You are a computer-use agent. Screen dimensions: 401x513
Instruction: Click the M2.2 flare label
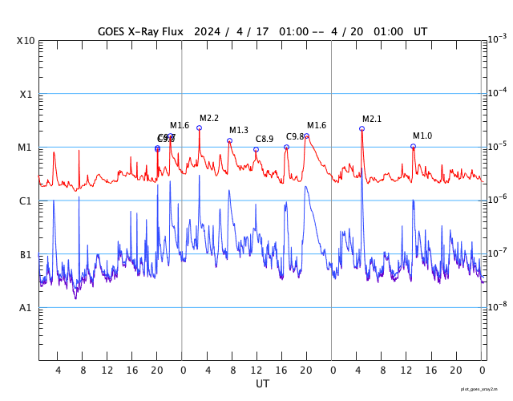(209, 119)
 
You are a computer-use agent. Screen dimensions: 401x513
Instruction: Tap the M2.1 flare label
(372, 119)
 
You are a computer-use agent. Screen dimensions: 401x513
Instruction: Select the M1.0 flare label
(422, 136)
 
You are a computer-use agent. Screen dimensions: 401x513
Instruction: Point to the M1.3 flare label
(239, 131)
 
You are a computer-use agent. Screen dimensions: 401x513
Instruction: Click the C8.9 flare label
(265, 140)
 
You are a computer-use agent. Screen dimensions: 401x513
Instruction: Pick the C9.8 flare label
(295, 136)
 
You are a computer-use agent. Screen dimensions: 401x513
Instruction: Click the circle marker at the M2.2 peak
(199, 128)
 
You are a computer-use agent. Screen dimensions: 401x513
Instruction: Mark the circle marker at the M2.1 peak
(362, 128)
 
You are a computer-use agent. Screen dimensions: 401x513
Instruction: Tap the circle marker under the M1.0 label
(414, 147)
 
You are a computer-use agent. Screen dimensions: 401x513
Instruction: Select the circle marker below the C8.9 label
(256, 149)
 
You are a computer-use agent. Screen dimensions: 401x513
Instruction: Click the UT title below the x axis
(262, 384)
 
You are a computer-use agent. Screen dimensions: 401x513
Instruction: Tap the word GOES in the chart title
(111, 31)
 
